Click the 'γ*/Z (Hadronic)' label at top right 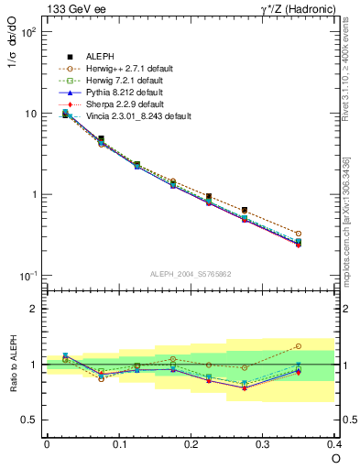click(292, 9)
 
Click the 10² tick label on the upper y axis click(27, 32)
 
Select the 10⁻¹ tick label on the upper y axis click(27, 276)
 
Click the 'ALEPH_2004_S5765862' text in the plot click(191, 274)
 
